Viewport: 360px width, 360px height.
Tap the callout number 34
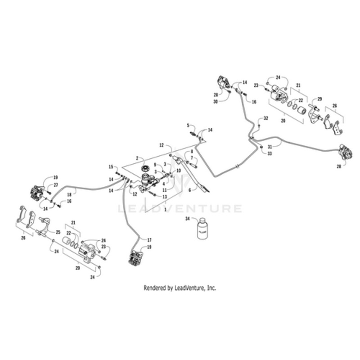188,218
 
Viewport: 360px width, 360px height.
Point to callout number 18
69,194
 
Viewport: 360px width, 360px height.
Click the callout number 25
57,232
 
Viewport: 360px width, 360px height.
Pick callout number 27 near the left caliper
56,184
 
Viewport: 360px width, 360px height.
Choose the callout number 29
320,99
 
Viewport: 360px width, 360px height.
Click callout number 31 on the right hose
269,147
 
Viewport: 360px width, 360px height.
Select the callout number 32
265,118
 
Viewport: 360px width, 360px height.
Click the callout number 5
188,125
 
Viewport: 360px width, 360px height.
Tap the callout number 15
111,167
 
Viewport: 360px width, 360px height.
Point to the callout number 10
179,171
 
